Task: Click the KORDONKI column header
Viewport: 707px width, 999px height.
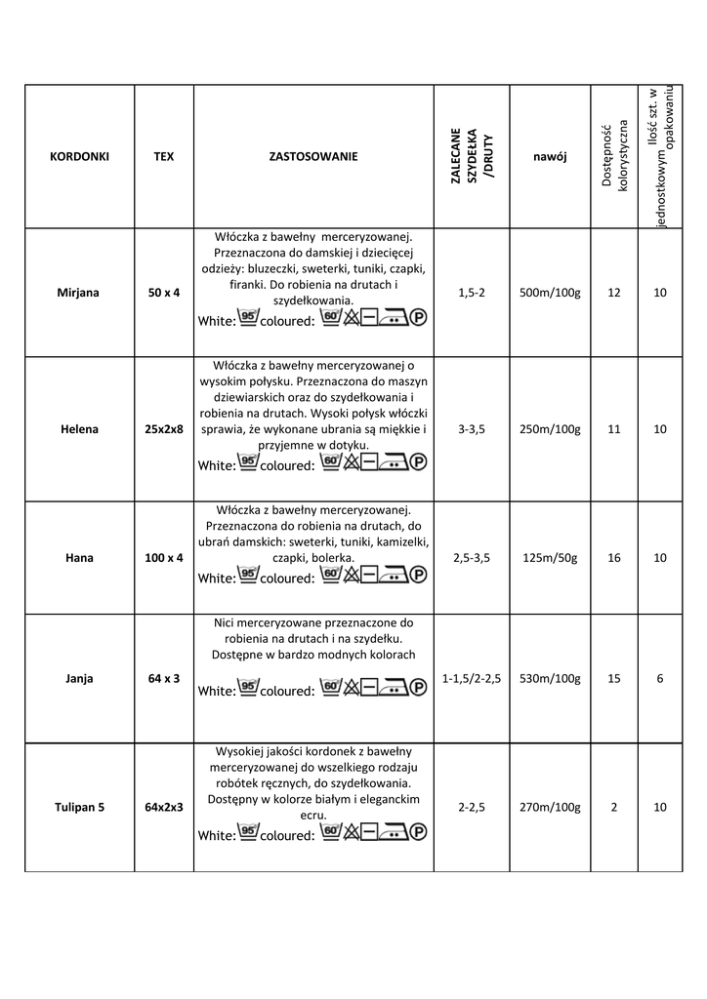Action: (x=79, y=156)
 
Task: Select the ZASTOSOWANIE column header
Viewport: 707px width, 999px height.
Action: (x=312, y=156)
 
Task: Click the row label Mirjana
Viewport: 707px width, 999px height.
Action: (x=79, y=292)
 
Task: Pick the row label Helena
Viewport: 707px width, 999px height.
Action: (x=79, y=428)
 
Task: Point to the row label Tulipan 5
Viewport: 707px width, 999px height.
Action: (x=79, y=807)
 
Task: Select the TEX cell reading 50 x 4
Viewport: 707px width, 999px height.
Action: (x=164, y=292)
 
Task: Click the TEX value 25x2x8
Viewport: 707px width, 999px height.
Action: (x=164, y=428)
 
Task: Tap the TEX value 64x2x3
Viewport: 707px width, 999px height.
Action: (x=164, y=807)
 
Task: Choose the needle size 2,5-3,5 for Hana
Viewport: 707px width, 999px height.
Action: (x=473, y=558)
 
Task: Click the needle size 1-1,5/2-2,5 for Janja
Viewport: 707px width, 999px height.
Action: (x=473, y=678)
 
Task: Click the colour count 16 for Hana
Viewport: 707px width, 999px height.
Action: (x=613, y=558)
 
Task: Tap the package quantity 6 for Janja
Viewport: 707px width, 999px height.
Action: (x=660, y=678)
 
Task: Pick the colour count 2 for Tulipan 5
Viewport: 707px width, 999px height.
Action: (x=613, y=807)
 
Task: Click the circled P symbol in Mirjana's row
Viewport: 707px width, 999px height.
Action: (x=419, y=317)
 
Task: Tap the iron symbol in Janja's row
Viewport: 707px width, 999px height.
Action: (x=393, y=688)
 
